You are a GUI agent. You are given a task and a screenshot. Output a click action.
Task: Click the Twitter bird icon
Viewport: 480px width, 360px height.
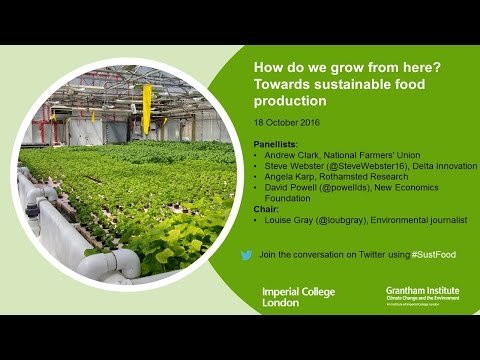246,256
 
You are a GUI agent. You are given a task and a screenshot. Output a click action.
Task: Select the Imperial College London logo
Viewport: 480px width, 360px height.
298,296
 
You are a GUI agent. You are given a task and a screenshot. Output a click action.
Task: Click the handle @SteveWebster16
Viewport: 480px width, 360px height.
355,166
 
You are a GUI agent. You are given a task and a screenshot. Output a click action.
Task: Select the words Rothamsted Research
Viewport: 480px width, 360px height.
362,176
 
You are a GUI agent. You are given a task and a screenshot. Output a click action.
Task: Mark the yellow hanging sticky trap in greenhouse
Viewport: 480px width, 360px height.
147,107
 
